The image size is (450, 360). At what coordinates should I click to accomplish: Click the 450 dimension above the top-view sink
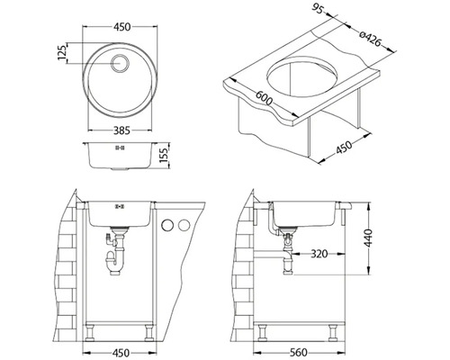click(x=122, y=27)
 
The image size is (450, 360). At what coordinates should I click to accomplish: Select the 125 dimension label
click(x=62, y=53)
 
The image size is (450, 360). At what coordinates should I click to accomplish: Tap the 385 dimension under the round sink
click(x=121, y=130)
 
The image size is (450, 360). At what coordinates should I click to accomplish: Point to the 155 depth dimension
click(x=164, y=155)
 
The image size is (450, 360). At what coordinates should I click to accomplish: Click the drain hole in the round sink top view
click(x=120, y=63)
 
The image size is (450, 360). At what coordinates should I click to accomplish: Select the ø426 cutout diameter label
click(x=370, y=39)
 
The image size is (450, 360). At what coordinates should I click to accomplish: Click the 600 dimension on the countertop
click(x=264, y=98)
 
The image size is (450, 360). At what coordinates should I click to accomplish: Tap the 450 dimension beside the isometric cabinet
click(x=343, y=147)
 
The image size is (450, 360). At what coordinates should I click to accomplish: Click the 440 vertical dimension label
click(x=368, y=238)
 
